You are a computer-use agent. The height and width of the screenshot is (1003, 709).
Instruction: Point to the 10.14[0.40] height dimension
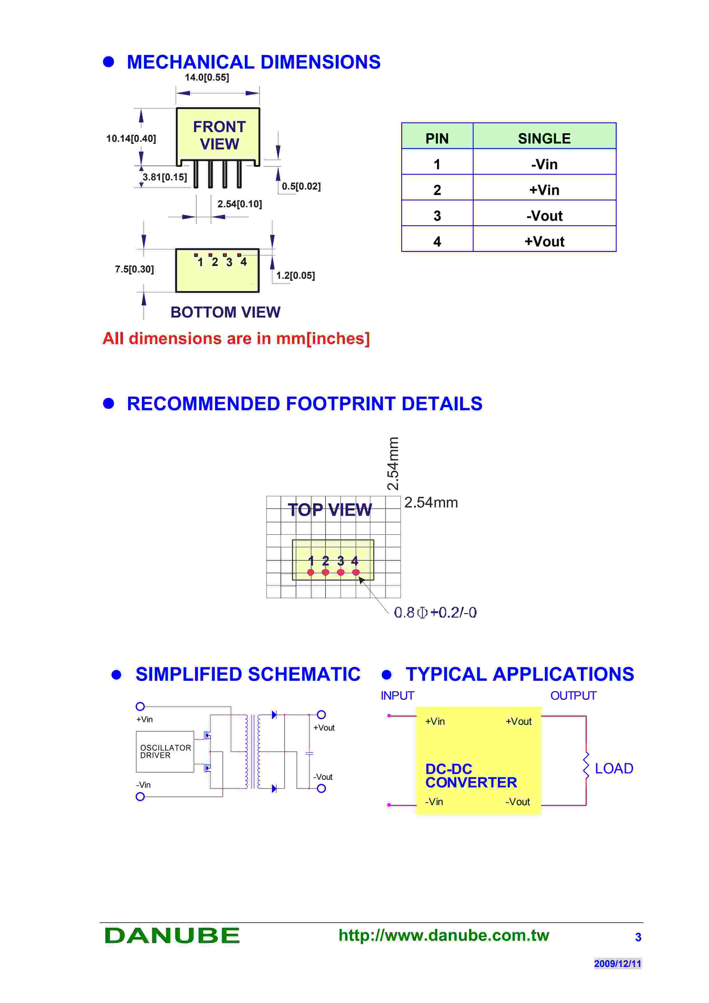pos(131,138)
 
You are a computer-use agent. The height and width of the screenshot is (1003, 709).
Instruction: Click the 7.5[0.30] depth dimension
pos(134,269)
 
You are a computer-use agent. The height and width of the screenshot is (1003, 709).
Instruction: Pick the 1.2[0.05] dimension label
pos(295,275)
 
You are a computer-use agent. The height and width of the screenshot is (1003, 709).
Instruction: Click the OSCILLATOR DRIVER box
pos(165,751)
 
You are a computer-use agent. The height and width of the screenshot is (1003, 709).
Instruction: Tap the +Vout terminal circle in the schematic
pos(321,715)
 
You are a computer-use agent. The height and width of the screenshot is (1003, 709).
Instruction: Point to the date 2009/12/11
pos(617,963)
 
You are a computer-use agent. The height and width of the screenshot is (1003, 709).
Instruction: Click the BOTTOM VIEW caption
pos(225,312)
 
